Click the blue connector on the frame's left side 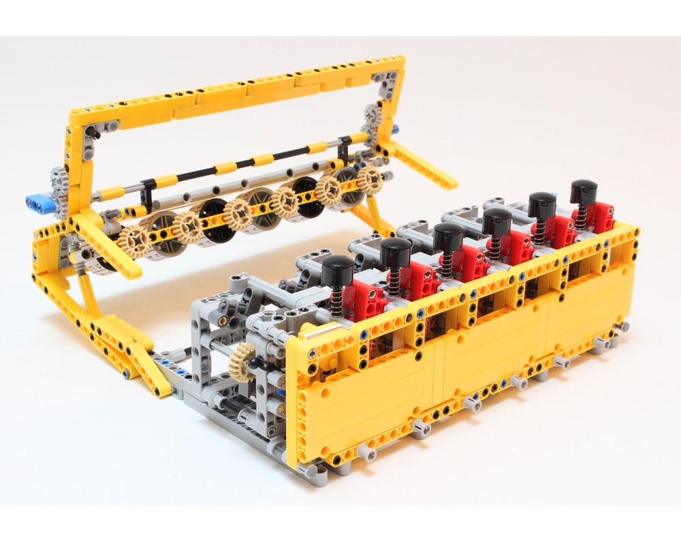pos(38,201)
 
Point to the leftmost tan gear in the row pos(133,241)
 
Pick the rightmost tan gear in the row pos(370,179)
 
